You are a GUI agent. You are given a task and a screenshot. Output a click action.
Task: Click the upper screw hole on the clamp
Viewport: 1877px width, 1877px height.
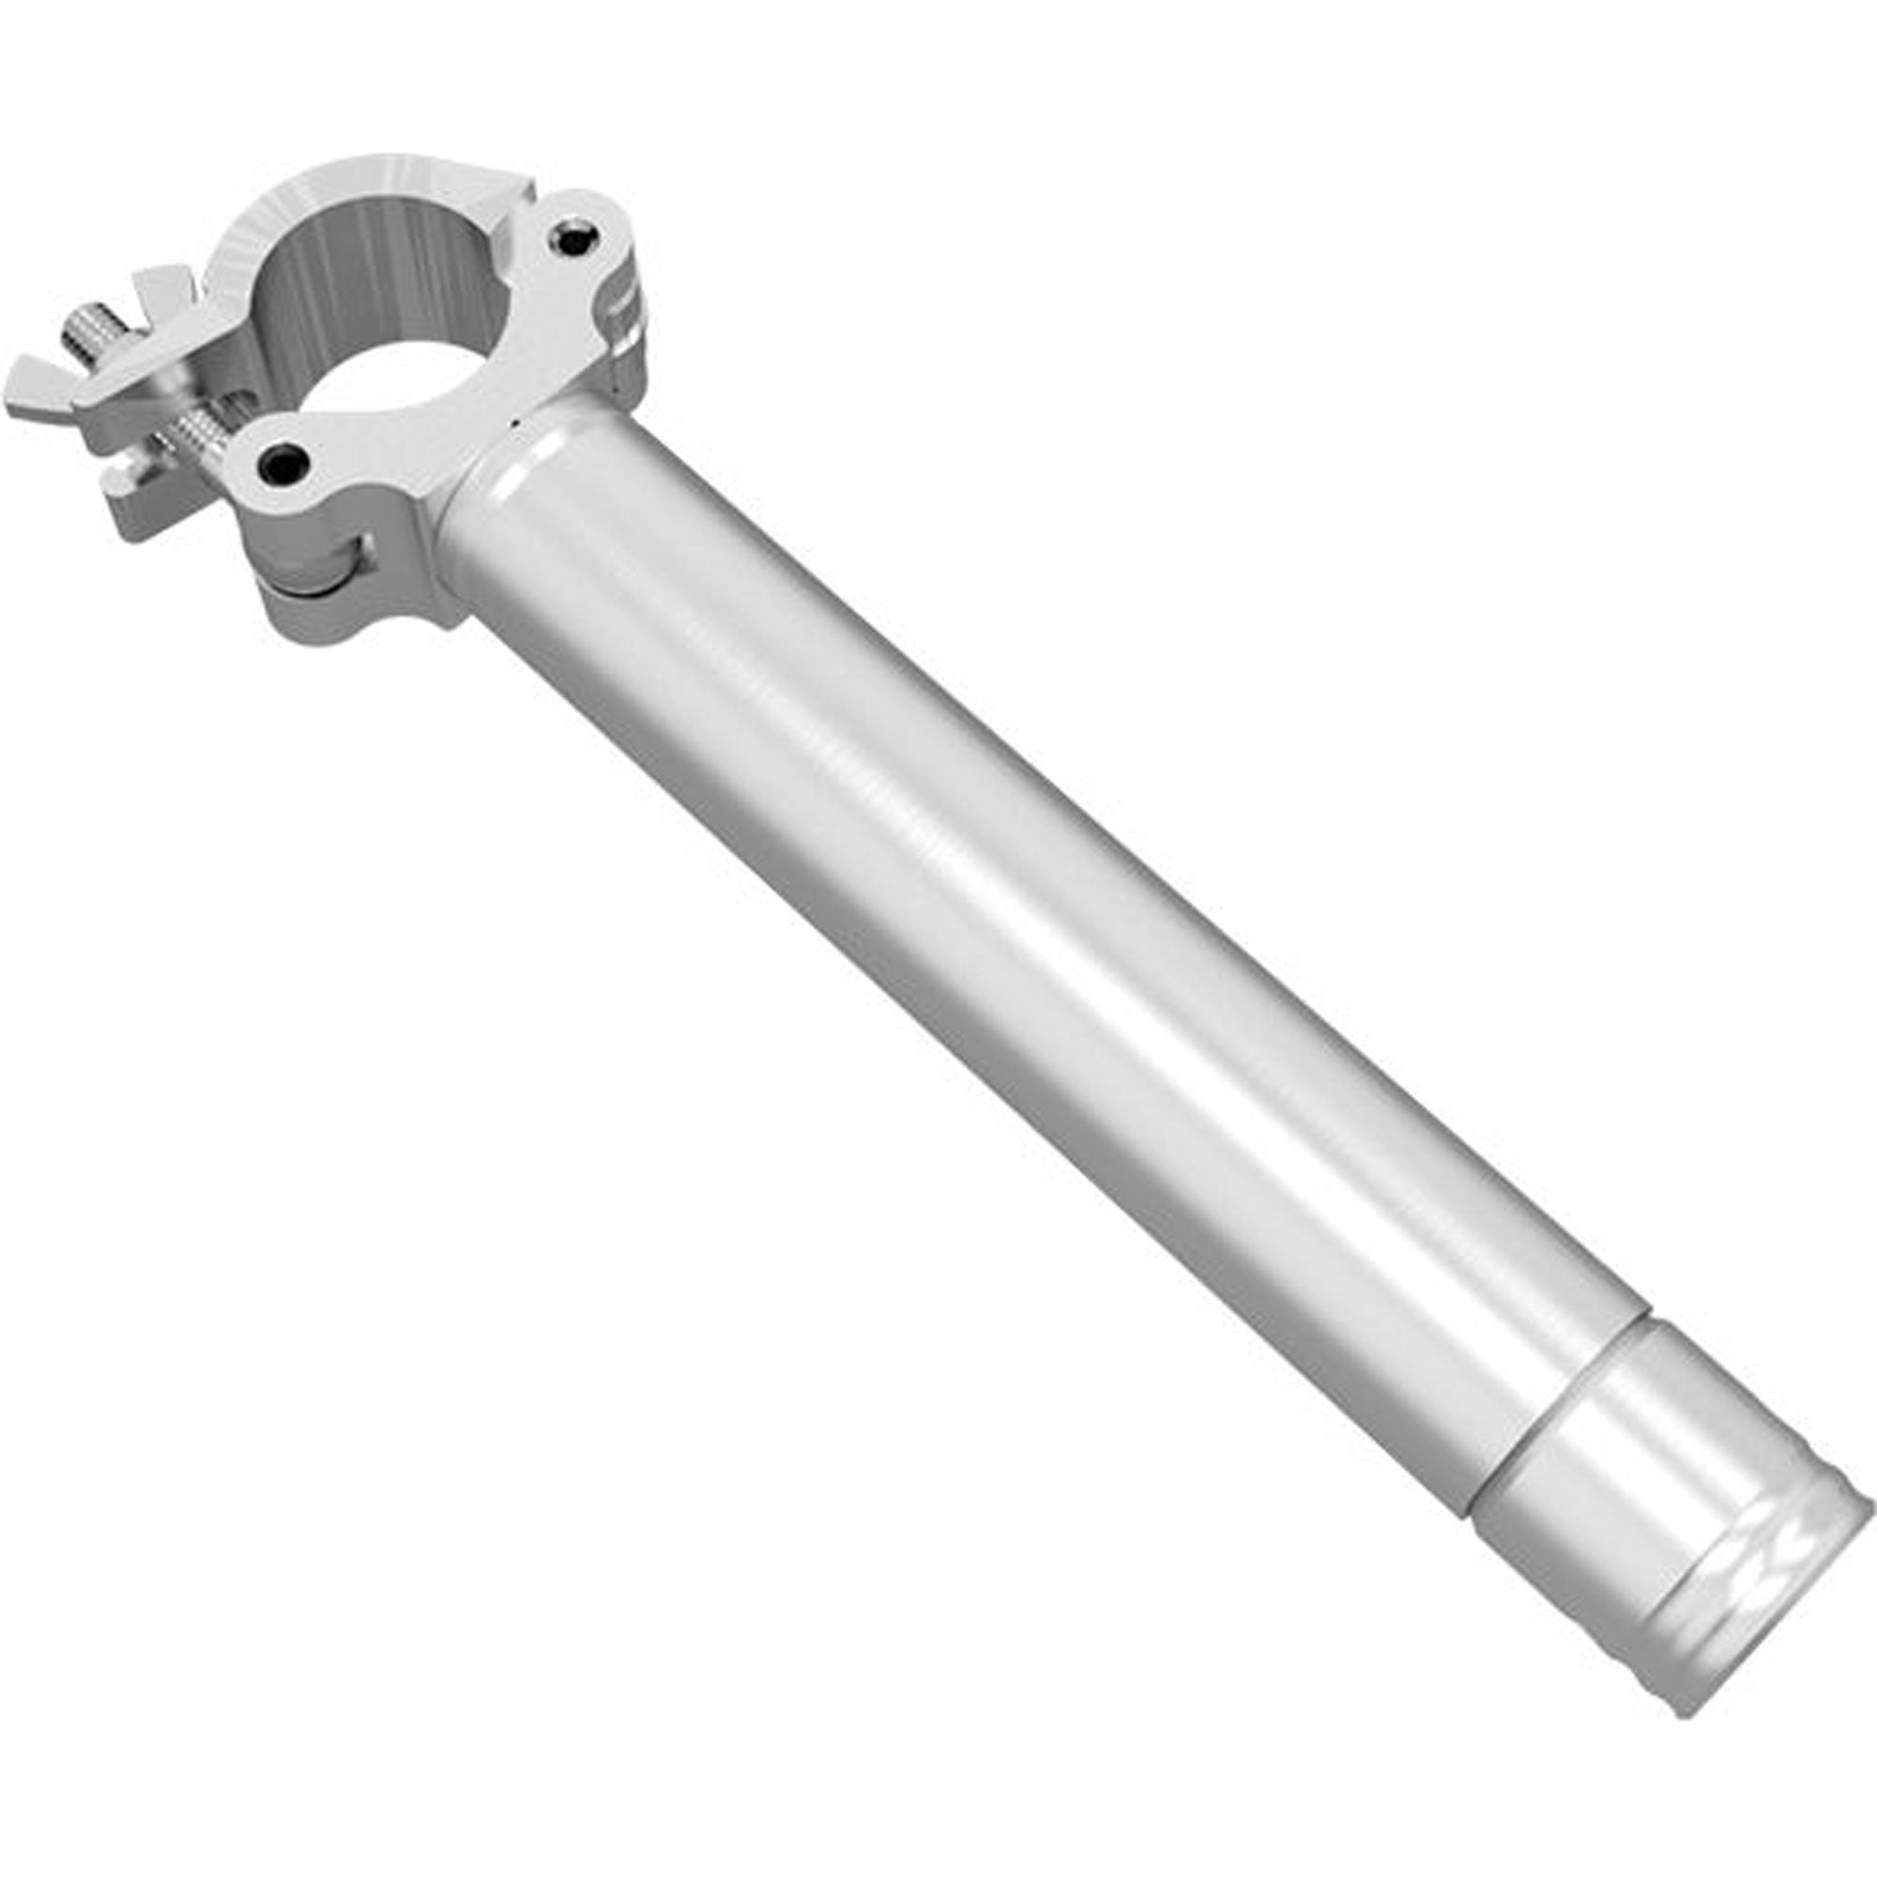click(574, 238)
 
